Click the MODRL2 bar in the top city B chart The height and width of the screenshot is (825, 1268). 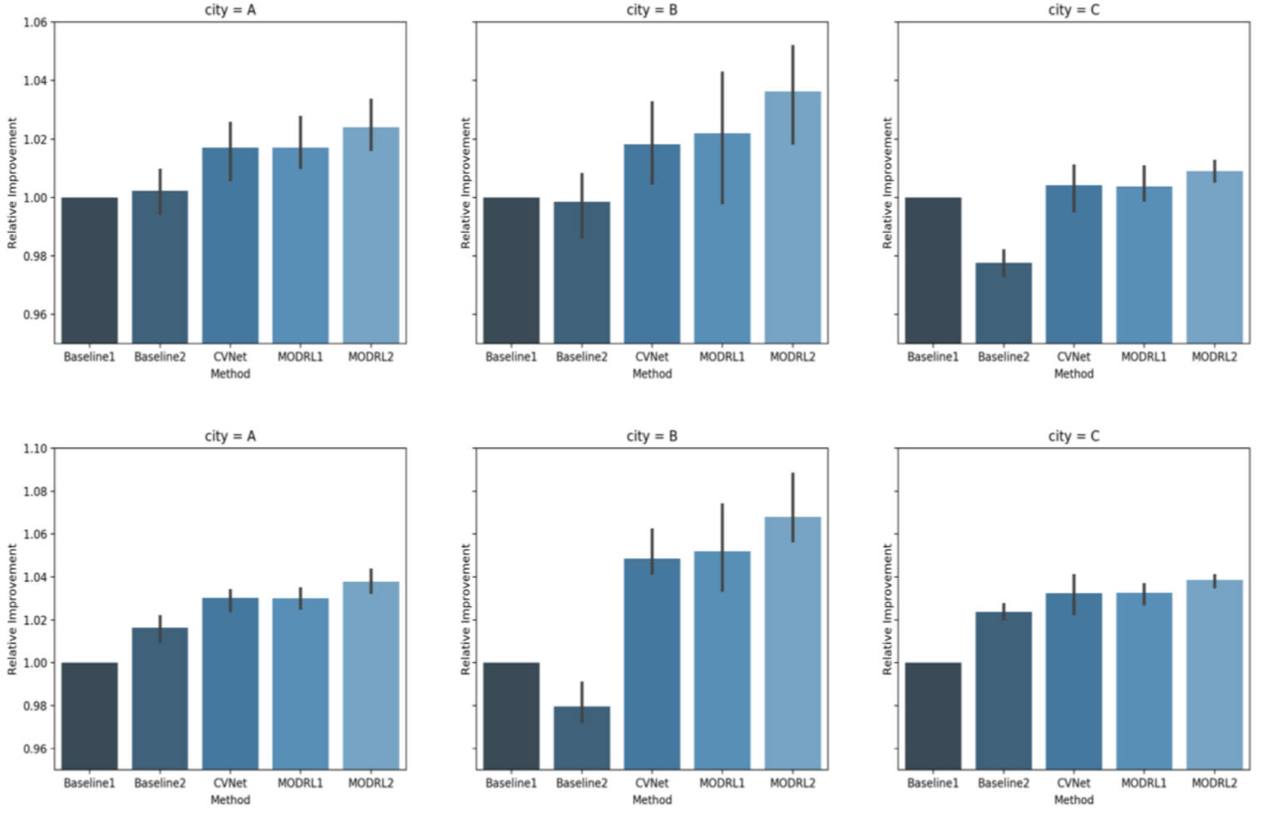792,225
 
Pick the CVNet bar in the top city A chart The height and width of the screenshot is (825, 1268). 229,249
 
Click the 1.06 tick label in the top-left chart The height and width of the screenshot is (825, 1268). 35,22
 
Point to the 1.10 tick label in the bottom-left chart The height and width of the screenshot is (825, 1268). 35,448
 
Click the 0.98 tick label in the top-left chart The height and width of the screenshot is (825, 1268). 35,256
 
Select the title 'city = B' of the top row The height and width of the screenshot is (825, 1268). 651,10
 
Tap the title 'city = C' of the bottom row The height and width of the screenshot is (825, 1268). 1073,436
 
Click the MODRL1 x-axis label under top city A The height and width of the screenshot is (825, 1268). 300,357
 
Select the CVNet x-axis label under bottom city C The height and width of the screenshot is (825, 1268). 1073,783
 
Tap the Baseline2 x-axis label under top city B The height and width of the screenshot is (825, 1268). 581,357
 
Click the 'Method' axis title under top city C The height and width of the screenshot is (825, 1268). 1073,374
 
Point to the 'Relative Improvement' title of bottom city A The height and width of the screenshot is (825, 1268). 12,609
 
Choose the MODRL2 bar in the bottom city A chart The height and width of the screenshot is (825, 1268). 371,678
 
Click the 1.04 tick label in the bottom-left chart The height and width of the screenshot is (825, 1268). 35,577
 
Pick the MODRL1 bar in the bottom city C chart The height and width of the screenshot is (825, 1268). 1143,682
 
